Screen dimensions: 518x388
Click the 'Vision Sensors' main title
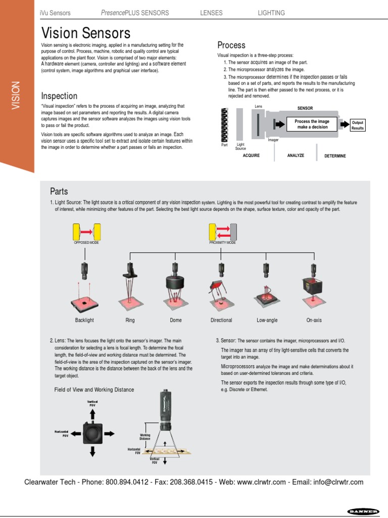85,33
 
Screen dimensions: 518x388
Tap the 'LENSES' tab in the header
211,13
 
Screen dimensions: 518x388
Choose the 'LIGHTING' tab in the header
271,13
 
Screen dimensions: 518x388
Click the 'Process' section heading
231,45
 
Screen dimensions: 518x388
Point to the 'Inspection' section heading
59,96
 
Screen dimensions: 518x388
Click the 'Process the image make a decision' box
312,124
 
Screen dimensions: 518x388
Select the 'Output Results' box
357,125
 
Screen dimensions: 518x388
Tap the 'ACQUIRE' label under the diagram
251,156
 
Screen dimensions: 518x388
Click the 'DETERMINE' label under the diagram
335,156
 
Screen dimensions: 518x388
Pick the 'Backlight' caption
84,320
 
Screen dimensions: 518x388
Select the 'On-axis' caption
314,320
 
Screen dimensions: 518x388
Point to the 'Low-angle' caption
267,320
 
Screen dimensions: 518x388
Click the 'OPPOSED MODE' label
86,243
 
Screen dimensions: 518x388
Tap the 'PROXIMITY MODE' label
223,243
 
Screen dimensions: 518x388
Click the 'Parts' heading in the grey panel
59,191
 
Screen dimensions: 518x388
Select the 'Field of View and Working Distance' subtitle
94,390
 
